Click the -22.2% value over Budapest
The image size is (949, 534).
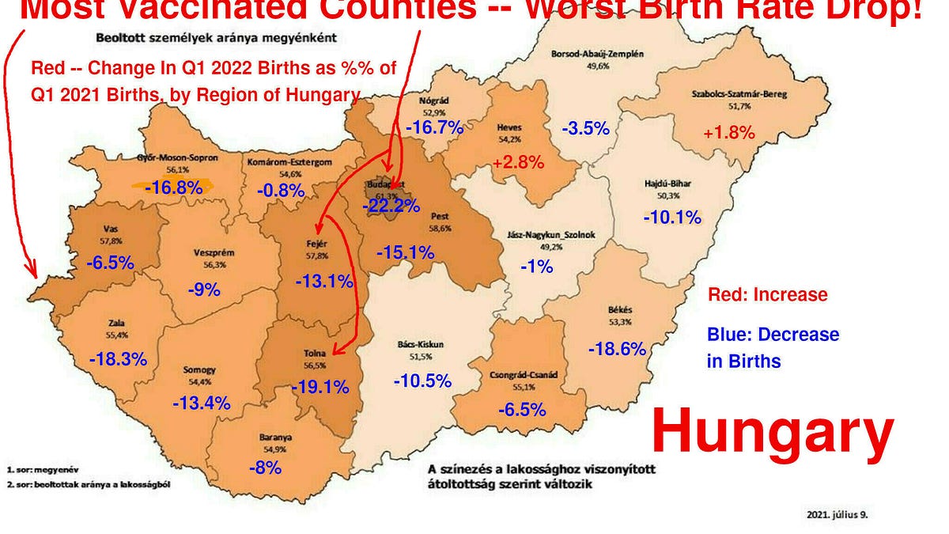coord(391,206)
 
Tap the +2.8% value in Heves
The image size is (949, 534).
coord(518,163)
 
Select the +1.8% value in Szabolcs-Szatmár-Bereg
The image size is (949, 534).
coord(729,134)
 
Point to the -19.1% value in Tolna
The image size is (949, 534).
coord(320,388)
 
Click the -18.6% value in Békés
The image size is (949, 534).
coord(618,348)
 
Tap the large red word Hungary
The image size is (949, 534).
coord(772,433)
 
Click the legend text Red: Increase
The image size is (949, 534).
coord(767,295)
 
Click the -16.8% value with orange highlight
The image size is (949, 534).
coord(172,187)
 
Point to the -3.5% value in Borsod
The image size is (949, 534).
coord(585,128)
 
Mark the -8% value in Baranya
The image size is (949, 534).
coord(265,468)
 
